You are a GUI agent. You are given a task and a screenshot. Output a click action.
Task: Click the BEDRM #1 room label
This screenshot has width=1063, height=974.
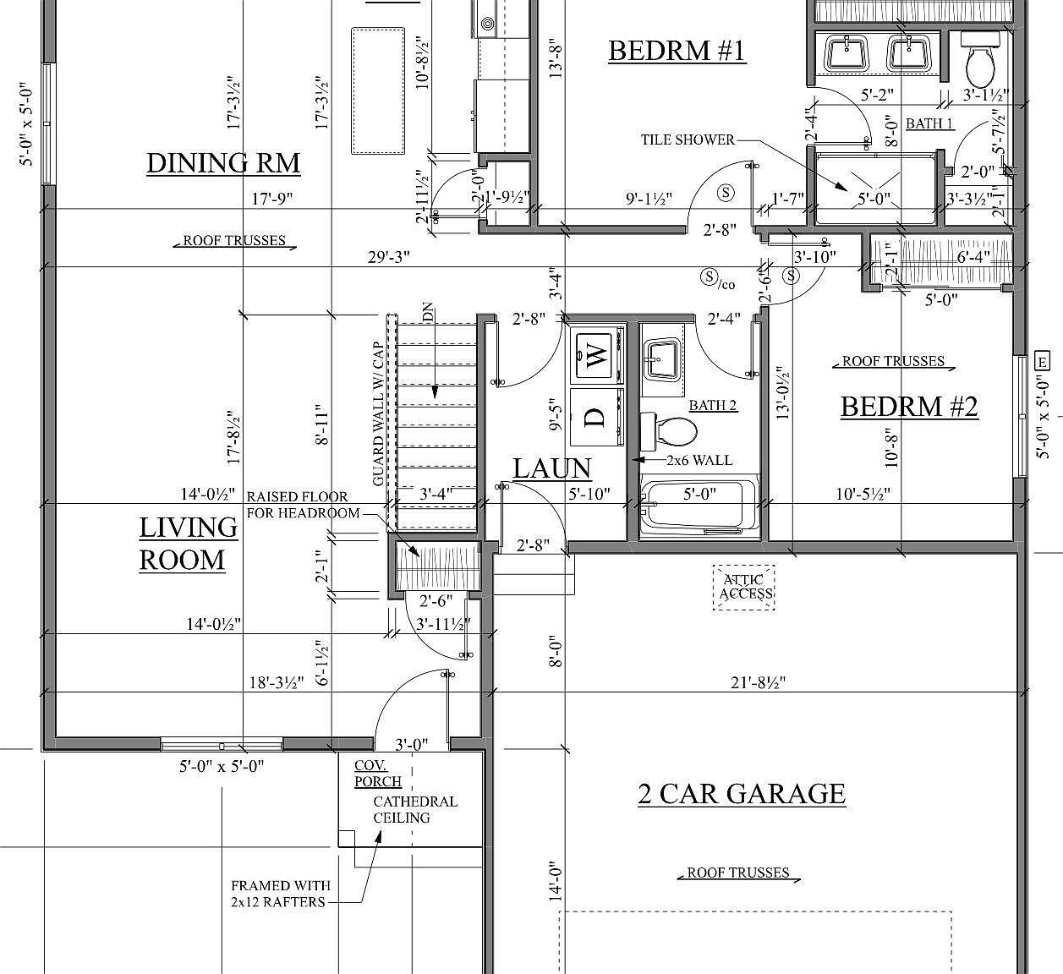pos(677,52)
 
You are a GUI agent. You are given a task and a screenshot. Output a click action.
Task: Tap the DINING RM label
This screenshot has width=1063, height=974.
pos(223,163)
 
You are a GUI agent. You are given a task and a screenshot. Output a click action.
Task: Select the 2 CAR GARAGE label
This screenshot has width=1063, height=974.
pos(742,794)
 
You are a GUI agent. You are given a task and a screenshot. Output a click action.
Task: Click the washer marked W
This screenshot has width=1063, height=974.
pos(597,355)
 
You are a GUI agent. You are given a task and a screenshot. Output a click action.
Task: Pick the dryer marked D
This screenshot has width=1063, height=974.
pos(597,418)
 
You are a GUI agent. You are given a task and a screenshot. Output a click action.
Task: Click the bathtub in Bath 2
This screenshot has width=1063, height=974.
pos(699,507)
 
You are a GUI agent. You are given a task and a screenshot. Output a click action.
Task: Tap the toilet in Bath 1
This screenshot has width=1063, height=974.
pos(981,60)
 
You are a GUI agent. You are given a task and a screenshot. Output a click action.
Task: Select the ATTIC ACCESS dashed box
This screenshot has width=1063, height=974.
pos(744,588)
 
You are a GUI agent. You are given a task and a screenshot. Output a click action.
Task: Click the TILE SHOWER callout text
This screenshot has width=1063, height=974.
pos(688,140)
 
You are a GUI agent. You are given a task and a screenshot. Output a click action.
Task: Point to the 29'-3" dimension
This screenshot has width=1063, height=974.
pos(388,257)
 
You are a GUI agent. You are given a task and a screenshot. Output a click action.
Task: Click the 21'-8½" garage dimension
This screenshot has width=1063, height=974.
pos(758,682)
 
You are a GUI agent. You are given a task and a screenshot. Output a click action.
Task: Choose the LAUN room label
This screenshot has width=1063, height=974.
pos(551,468)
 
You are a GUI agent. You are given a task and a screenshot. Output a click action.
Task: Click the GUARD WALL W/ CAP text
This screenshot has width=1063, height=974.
pos(378,414)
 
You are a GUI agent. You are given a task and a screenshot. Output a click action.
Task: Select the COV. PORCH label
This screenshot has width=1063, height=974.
pos(378,773)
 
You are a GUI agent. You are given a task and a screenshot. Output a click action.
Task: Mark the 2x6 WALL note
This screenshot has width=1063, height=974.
pos(699,460)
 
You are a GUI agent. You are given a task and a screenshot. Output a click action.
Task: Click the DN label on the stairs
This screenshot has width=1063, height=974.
pos(428,312)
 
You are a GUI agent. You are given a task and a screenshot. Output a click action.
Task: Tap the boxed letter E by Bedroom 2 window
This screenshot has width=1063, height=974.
pos(1042,362)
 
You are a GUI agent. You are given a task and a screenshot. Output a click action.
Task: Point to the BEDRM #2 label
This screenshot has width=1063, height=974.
pos(909,408)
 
